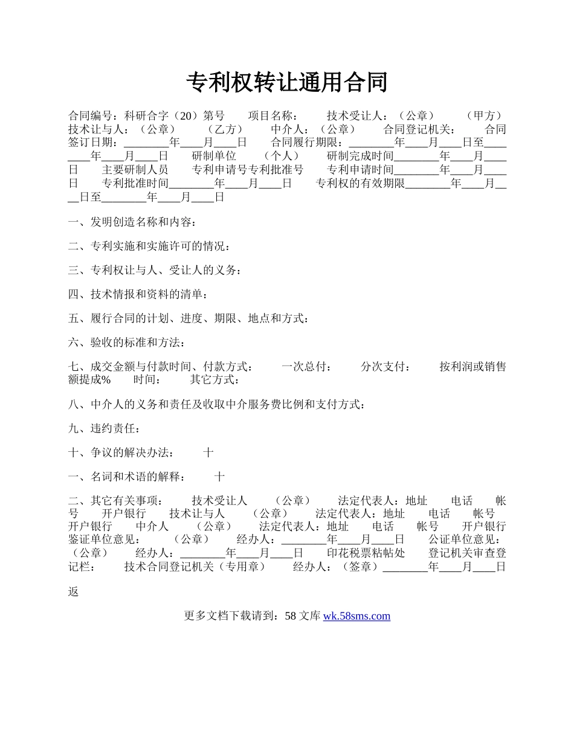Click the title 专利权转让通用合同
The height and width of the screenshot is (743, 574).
click(286, 82)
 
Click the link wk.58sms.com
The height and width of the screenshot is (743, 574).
click(356, 616)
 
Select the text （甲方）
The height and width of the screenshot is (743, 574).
click(485, 116)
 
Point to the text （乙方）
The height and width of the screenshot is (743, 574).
click(225, 129)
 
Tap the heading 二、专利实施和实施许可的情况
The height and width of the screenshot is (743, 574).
click(147, 246)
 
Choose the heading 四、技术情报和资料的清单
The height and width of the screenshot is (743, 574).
click(137, 295)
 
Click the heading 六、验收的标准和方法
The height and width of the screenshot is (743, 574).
click(125, 343)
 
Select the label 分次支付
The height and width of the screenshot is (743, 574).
click(384, 367)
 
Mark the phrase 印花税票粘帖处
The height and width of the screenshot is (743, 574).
click(366, 553)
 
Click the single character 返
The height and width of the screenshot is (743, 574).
click(74, 592)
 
